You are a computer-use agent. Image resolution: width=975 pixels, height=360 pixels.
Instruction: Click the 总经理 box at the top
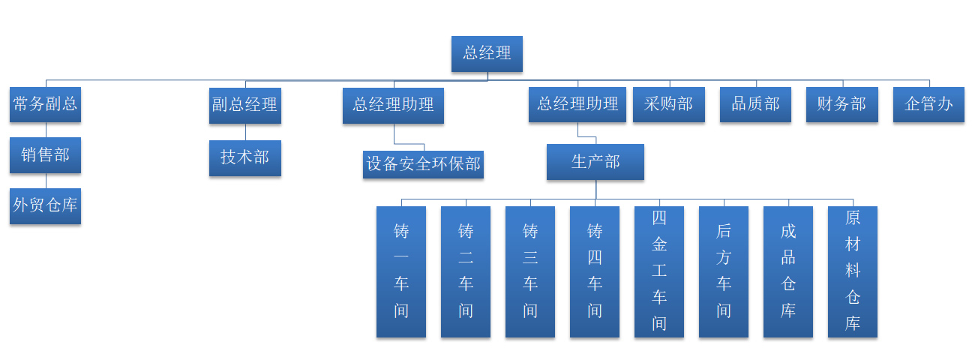487,54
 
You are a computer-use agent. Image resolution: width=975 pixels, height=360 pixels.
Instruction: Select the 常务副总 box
46,104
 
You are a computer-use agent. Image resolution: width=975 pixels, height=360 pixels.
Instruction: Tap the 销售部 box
46,155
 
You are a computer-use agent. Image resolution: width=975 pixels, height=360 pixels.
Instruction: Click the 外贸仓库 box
46,205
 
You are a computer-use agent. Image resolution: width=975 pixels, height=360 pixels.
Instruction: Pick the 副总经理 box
244,105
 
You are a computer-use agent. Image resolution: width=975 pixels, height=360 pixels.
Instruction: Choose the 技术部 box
244,157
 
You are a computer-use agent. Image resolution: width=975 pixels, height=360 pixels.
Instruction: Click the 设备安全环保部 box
423,163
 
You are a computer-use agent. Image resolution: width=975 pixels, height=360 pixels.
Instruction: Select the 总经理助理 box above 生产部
577,104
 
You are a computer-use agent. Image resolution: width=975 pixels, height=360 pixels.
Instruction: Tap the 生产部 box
595,162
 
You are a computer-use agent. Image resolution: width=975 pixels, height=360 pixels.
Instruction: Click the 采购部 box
669,104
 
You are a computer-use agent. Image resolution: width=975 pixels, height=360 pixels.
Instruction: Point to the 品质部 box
755,104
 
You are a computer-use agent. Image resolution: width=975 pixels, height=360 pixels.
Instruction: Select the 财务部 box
841,104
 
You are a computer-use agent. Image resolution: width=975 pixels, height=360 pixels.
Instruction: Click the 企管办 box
928,104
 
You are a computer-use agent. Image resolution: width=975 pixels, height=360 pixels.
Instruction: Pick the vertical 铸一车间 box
401,271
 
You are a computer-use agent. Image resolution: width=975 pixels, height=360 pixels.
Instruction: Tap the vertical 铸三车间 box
530,271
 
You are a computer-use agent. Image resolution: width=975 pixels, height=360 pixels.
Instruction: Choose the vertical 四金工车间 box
659,271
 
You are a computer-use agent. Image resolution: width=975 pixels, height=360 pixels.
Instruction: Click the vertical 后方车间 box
724,271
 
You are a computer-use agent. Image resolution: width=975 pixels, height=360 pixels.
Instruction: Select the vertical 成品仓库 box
788,271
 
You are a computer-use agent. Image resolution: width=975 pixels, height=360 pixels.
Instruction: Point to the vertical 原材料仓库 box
853,271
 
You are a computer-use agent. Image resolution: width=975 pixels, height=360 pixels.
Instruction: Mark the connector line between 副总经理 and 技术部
245,131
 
